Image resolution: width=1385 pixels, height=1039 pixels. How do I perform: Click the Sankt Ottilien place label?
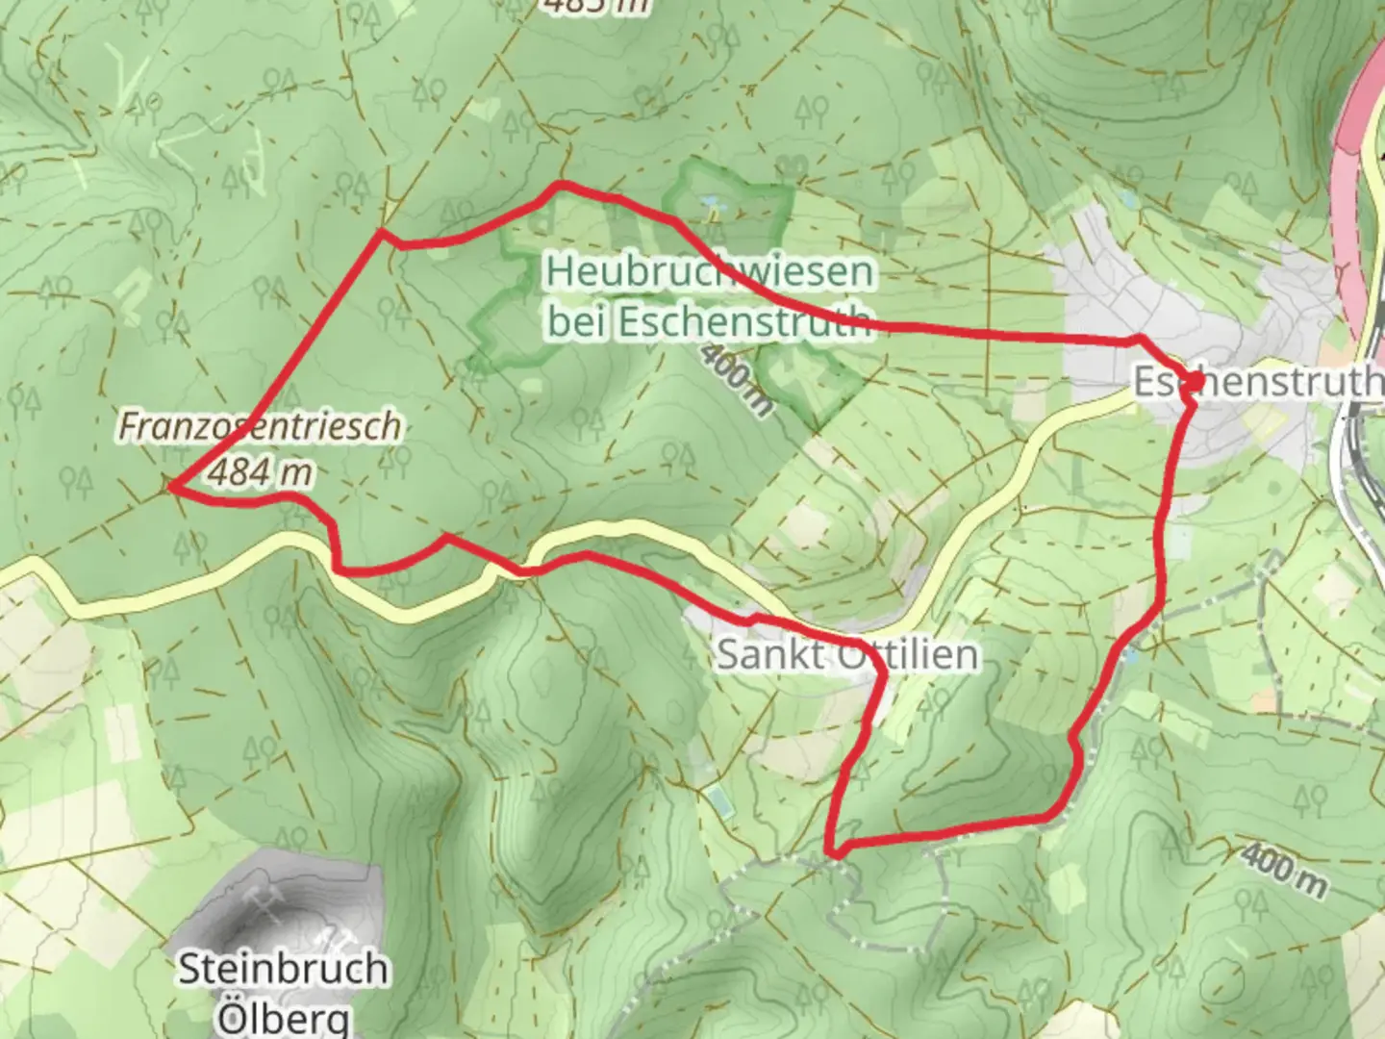coord(847,655)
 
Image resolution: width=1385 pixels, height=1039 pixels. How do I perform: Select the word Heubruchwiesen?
coord(710,272)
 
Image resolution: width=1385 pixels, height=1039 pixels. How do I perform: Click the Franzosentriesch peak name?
coord(260,426)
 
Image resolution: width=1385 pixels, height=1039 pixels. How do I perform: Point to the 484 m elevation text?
coord(260,472)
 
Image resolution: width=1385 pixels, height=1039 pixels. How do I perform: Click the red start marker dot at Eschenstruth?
coord(1193,382)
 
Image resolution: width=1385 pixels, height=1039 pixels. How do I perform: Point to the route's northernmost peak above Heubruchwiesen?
coord(562,184)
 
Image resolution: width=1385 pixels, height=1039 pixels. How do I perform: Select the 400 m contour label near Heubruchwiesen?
coord(736,379)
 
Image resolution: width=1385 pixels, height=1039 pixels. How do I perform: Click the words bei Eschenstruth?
coord(710,321)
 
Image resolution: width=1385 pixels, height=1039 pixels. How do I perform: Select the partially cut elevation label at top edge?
coord(596,6)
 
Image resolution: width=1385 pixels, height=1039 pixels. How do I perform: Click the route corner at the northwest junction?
coord(384,232)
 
